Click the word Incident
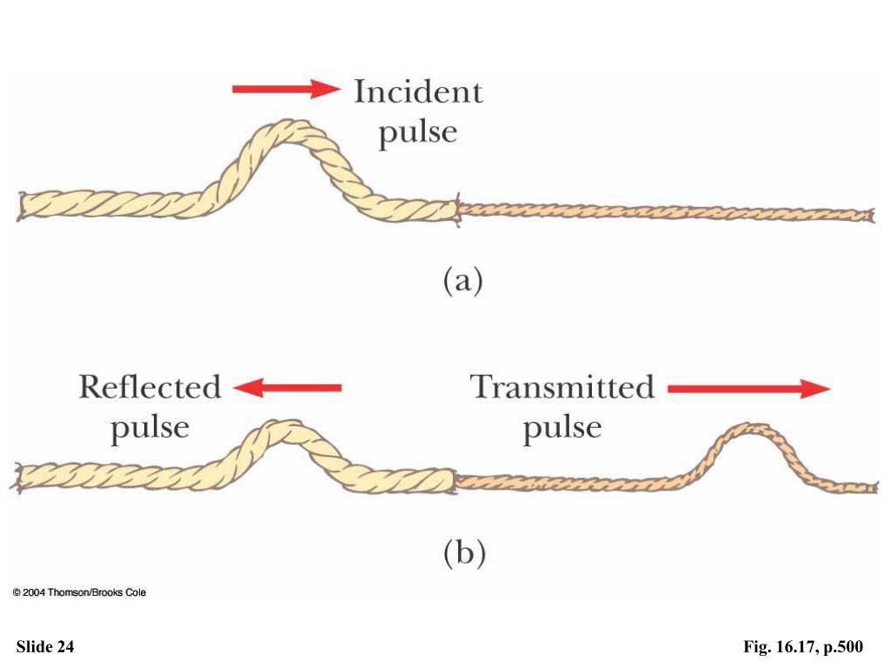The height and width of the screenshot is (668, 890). (417, 91)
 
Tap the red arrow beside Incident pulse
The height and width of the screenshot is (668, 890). (286, 88)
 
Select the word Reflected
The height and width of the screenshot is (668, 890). (149, 387)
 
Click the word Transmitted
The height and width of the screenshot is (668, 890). (562, 387)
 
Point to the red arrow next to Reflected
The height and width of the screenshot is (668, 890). (289, 388)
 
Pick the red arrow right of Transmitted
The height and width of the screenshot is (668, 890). (748, 389)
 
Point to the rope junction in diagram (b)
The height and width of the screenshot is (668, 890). (455, 479)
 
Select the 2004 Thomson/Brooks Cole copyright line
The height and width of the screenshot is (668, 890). (79, 592)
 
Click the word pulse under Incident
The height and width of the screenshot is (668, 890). (418, 132)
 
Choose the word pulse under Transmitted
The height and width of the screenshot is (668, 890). (562, 428)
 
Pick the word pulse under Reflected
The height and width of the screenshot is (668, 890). (149, 428)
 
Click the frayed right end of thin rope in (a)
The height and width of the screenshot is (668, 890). (868, 214)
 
